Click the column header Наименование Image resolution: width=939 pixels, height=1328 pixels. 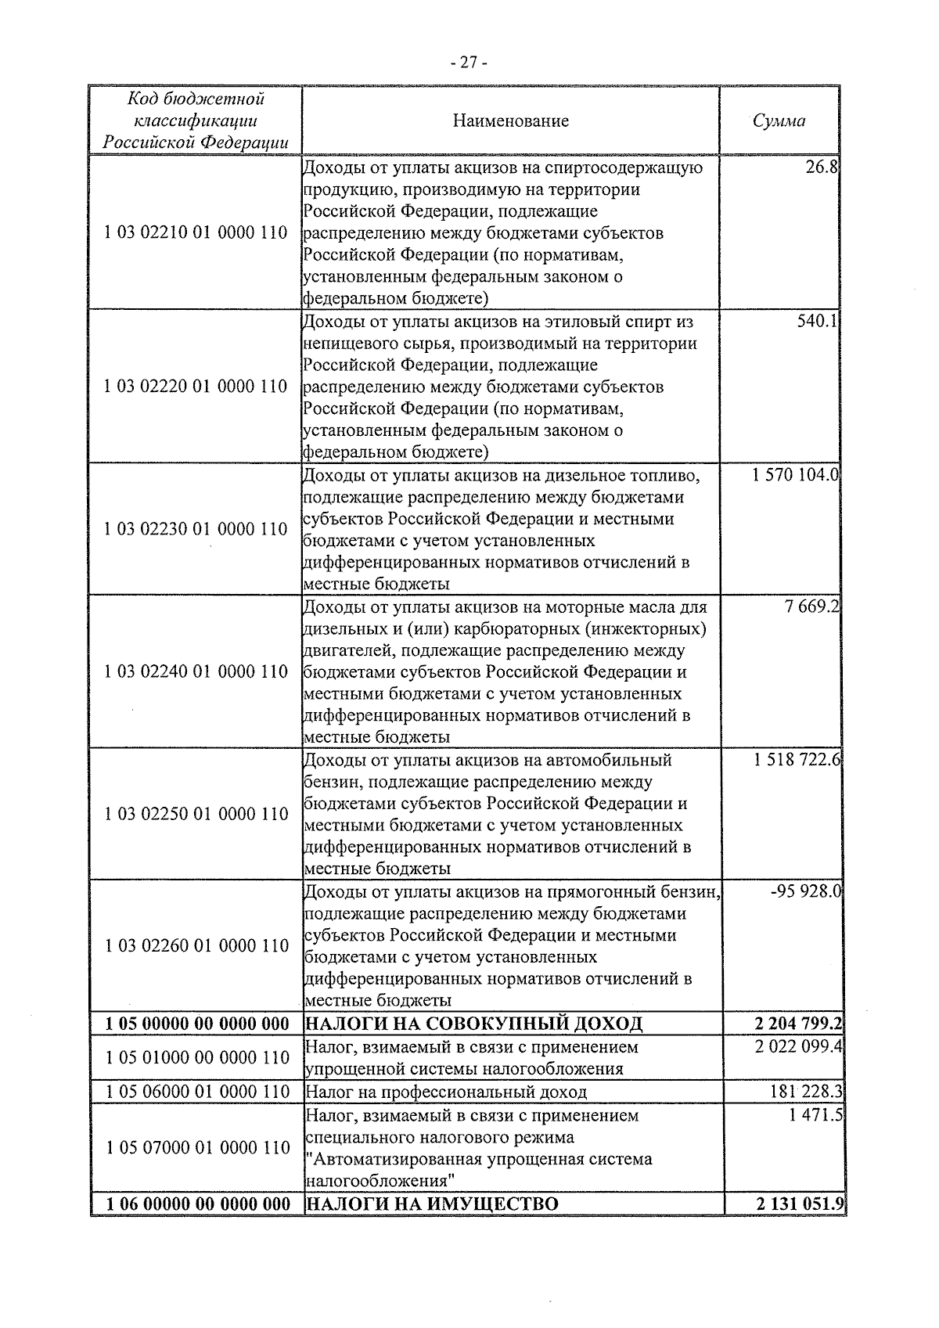coord(510,121)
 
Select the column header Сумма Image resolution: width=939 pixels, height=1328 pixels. coord(779,121)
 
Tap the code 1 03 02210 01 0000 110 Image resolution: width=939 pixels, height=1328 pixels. coord(196,232)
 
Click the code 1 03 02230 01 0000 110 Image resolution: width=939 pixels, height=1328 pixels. coord(196,529)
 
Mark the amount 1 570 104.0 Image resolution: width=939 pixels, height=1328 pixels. coord(796,475)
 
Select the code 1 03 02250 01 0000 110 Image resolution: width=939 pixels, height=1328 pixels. coord(196,814)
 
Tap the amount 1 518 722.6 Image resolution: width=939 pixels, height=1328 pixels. coord(797,760)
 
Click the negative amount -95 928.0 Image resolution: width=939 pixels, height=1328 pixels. coord(805,891)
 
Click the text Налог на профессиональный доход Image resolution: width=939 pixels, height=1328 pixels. coord(445,1092)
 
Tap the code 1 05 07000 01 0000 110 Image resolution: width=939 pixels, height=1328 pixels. coord(196,1147)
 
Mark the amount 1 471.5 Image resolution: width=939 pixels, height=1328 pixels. coord(816,1114)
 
